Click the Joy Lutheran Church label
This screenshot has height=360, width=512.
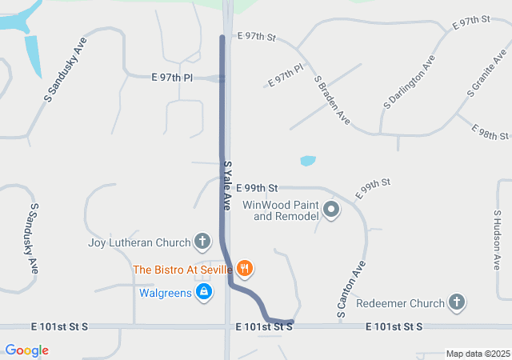[139, 242]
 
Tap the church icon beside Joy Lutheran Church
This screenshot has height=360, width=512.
[203, 242]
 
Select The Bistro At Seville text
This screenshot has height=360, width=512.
[182, 270]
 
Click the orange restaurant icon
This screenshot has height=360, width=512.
[245, 270]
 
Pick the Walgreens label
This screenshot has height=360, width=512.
[166, 293]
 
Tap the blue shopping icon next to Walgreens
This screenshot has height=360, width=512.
[204, 293]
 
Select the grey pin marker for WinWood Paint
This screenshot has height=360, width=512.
[332, 210]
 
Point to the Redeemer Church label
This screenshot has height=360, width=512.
[400, 303]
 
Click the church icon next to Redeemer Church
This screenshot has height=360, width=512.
[456, 303]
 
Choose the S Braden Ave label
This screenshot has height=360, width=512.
[332, 100]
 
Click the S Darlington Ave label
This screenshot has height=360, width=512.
[410, 82]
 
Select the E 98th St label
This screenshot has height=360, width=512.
[490, 131]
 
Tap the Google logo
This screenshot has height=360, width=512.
[26, 350]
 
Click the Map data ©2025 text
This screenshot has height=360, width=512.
[477, 354]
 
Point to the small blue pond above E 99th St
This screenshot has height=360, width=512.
[308, 161]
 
